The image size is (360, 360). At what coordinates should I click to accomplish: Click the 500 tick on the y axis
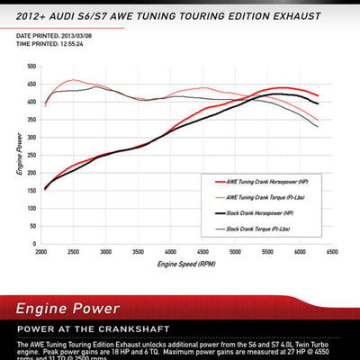pyautogui.click(x=31, y=67)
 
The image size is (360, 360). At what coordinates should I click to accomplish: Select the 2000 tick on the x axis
pyautogui.click(x=41, y=253)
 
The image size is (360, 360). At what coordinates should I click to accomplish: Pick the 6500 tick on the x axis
pyautogui.click(x=332, y=253)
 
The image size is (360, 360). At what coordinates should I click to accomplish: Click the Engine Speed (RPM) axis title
pyautogui.click(x=185, y=265)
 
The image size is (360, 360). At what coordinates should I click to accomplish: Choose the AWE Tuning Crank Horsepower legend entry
pyautogui.click(x=269, y=180)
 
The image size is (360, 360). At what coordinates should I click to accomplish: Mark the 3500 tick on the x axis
pyautogui.click(x=139, y=253)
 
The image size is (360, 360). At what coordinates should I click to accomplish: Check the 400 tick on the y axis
pyautogui.click(x=31, y=102)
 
